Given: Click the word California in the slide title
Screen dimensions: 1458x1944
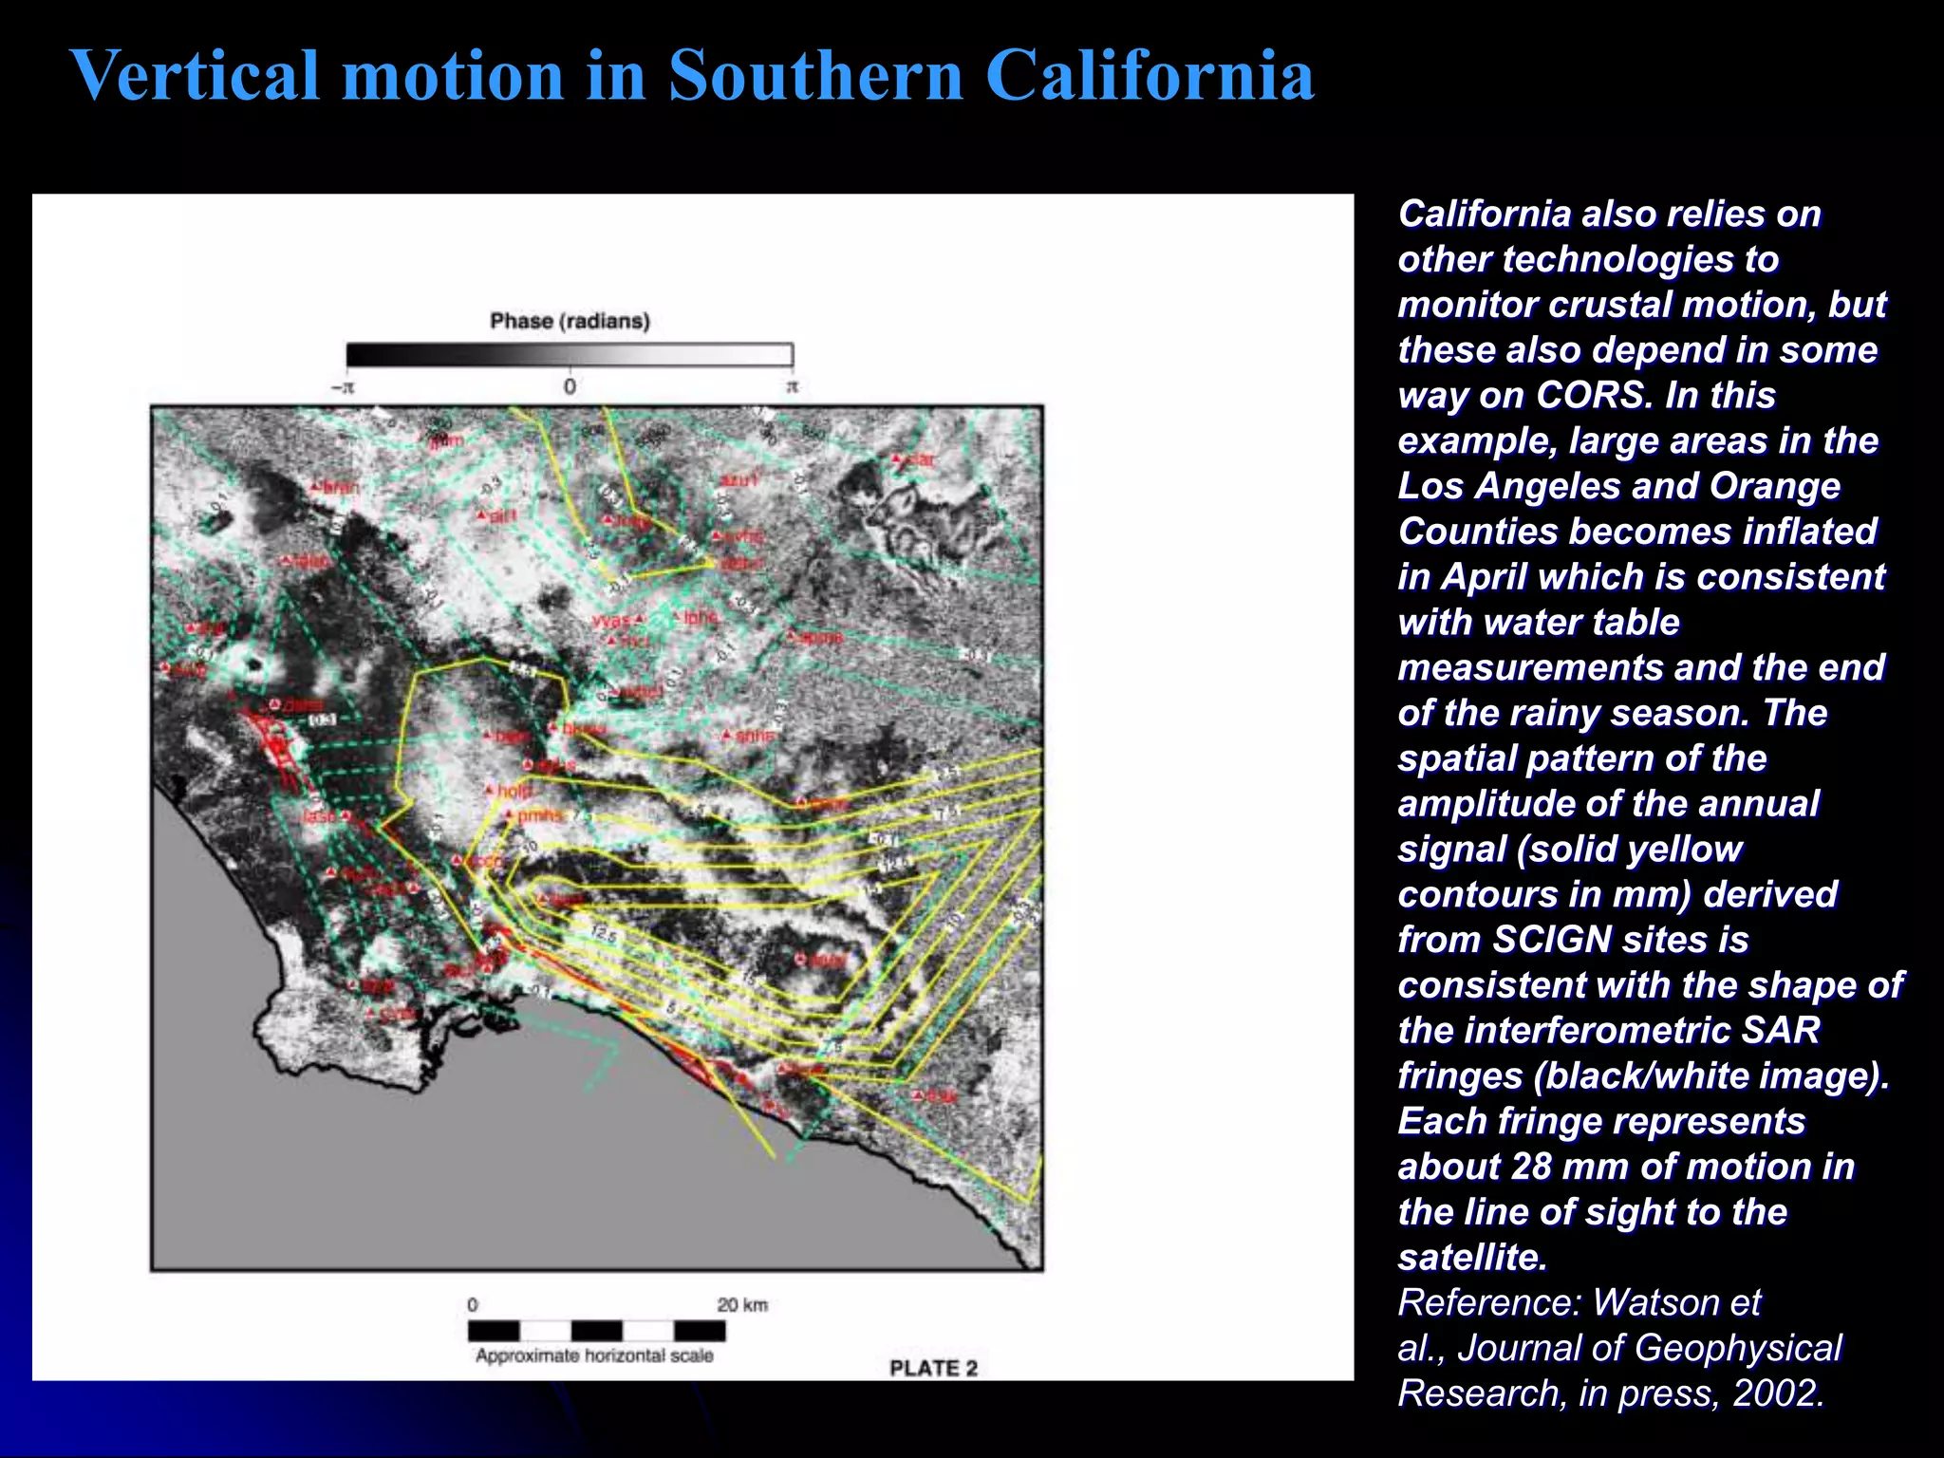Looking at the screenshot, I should (x=1149, y=76).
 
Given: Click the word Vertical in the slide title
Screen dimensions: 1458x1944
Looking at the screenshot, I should (x=195, y=76).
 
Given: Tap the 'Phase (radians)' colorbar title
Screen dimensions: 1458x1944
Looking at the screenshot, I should (x=570, y=321).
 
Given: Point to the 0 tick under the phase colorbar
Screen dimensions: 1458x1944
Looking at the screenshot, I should (x=570, y=386).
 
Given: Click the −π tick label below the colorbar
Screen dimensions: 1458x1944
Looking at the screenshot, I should (x=343, y=387).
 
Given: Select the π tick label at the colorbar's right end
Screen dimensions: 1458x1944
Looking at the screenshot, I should (x=792, y=386).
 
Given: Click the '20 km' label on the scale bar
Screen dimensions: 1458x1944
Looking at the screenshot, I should (x=742, y=1304).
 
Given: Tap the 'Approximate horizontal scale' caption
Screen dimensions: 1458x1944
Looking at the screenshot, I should (x=594, y=1355).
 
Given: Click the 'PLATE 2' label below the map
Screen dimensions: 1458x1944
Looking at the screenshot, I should (x=933, y=1368).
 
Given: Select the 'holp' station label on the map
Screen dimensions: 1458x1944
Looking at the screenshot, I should (x=515, y=791).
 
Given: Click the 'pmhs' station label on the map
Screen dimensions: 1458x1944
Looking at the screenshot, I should (x=539, y=814).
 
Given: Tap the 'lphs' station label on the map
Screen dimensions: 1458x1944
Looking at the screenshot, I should (x=701, y=617).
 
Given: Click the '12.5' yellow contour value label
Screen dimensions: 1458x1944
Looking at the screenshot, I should (x=605, y=933).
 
